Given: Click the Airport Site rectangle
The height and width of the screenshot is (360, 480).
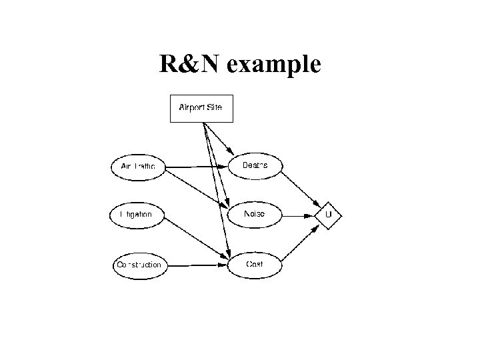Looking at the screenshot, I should pos(202,108).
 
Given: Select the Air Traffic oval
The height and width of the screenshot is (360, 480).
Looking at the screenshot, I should pos(139,166).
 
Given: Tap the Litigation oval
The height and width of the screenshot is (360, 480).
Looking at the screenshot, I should pos(136,215).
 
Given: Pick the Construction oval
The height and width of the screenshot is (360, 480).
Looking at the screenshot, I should pos(139,265).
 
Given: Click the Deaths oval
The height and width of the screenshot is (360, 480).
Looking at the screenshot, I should pos(255,165).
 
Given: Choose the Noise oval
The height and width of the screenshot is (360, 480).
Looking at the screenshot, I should pos(255,214).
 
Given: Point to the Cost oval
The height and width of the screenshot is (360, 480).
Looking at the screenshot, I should pos(255,265).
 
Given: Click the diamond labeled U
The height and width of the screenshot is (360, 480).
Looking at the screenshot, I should pos(328,215).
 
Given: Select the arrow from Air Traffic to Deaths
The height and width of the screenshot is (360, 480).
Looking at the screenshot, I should pos(197,166).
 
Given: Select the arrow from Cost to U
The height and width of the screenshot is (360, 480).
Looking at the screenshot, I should pos(300,242).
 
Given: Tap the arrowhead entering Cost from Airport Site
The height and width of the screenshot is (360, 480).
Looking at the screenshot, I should pos(228,253).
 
